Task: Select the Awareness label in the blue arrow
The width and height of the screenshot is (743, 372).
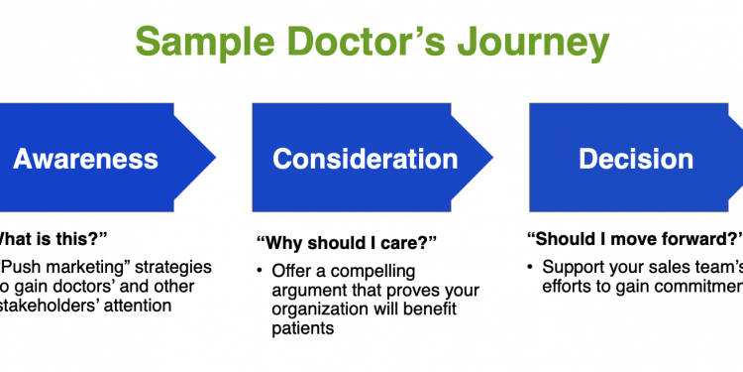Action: [85, 158]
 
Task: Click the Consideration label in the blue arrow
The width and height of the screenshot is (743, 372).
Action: [366, 158]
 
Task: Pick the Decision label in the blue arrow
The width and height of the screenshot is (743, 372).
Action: [636, 158]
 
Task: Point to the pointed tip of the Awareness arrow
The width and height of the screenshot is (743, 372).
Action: [216, 158]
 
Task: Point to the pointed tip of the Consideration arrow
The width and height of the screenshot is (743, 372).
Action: [492, 158]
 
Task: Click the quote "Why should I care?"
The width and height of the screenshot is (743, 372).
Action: [347, 243]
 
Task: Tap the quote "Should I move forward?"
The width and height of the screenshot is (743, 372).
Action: [634, 238]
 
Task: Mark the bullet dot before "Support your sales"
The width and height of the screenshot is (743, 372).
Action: [532, 267]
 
